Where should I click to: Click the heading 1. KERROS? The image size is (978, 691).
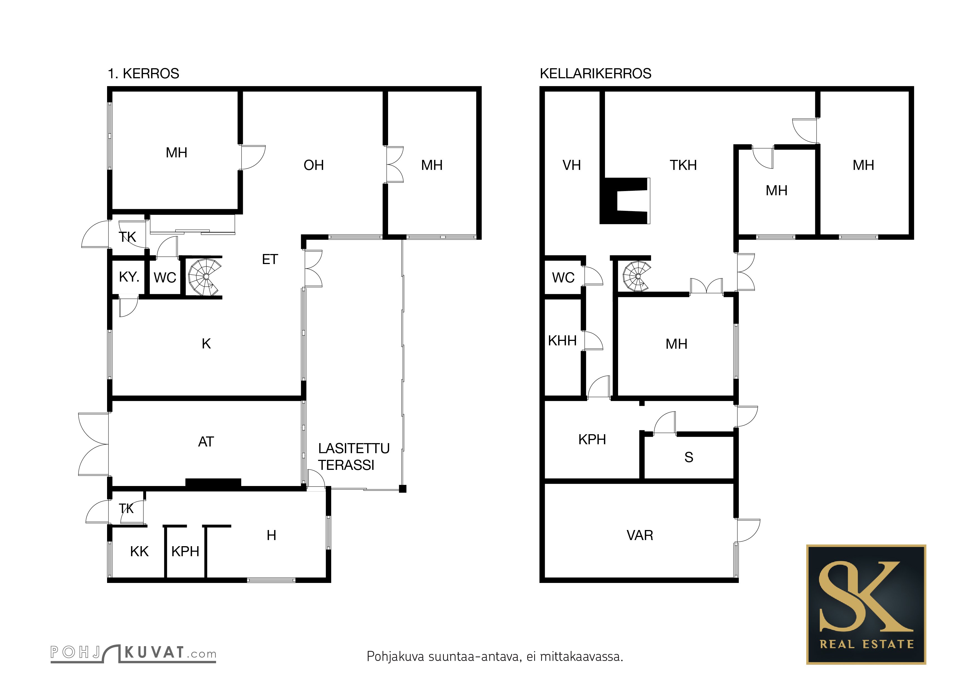pos(144,74)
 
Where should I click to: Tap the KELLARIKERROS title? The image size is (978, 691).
pos(595,74)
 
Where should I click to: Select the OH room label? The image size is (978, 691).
pos(314,165)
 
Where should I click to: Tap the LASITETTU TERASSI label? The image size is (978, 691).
pos(354,456)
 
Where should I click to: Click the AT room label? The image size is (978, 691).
pos(206,442)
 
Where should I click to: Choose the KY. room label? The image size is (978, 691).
pos(129,277)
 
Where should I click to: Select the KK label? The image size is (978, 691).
pos(139,551)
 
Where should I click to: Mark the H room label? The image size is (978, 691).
pos(271,535)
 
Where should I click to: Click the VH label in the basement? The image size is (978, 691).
pos(572,165)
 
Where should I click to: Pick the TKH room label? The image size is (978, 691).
pos(683,165)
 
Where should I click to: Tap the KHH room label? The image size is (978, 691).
pos(562,341)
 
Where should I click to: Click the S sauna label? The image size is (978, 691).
pos(689,457)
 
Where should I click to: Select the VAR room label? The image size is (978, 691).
pos(640,535)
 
